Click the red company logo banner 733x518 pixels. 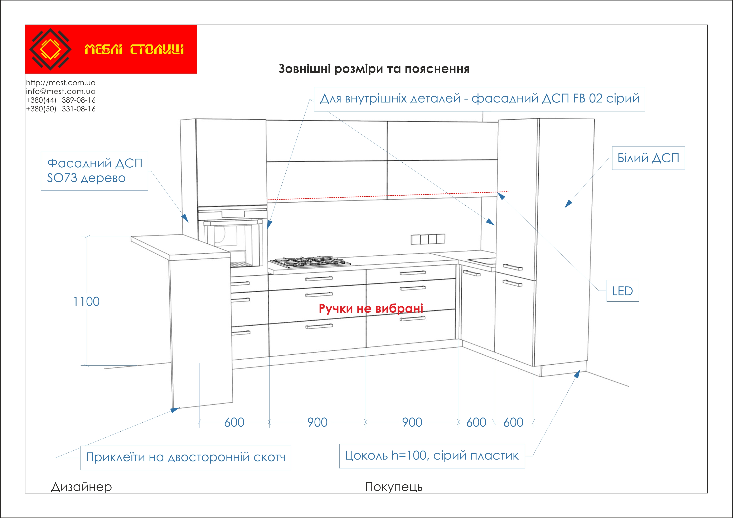(111, 49)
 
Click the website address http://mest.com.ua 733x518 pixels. (61, 83)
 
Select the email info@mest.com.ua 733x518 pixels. (61, 91)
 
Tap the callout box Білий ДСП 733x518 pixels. (648, 158)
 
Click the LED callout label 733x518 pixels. (622, 291)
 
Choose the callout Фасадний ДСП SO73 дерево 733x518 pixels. (94, 171)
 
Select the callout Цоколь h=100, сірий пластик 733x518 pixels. (432, 456)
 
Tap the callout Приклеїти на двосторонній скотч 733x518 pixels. (186, 458)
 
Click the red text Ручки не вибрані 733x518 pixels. (371, 308)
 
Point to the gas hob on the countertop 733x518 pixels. (310, 262)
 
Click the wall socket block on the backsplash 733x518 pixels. (428, 239)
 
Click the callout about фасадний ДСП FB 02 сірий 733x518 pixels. (480, 99)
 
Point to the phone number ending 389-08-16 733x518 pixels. (61, 100)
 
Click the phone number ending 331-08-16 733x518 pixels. (61, 109)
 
